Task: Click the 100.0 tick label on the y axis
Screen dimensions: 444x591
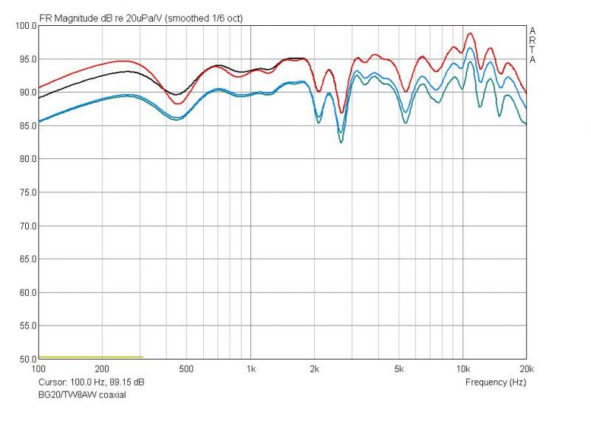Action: coord(26,26)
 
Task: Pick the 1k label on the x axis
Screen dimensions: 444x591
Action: coord(250,369)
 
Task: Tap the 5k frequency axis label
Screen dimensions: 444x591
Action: coord(399,369)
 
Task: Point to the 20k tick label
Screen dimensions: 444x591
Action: coord(526,369)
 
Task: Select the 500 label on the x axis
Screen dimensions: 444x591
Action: coord(186,369)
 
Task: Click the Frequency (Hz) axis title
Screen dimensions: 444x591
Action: coord(496,383)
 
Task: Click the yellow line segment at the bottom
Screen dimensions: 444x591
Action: coord(89,357)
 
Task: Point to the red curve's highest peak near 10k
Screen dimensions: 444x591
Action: coord(469,33)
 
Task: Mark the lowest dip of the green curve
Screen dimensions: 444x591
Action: coord(341,141)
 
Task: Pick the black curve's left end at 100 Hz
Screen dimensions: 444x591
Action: coord(39,97)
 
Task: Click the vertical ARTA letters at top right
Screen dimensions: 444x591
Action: coord(533,44)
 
